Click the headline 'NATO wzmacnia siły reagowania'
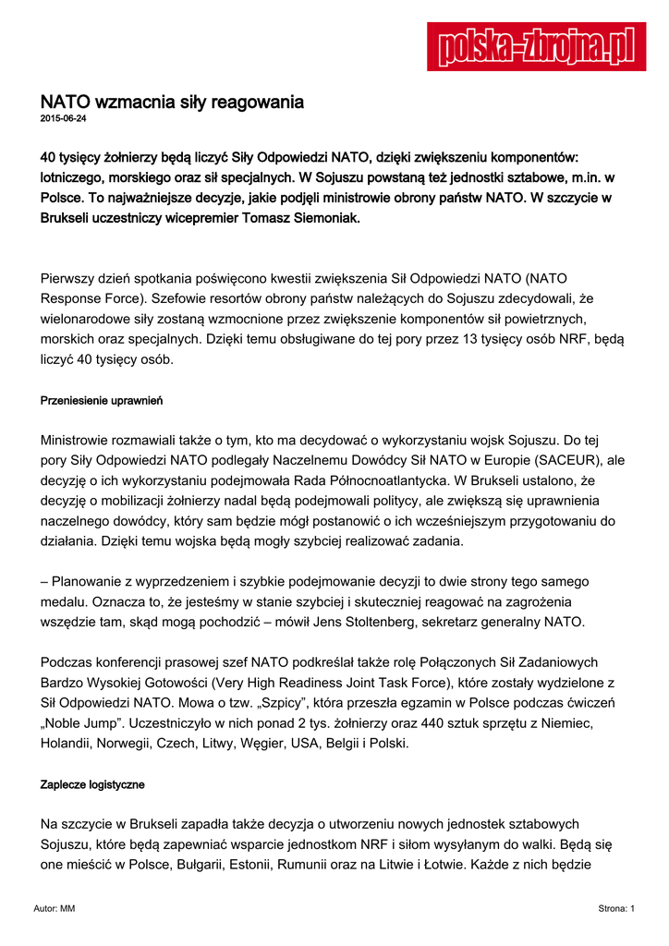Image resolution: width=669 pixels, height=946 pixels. tap(172, 101)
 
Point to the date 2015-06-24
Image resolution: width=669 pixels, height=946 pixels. tap(63, 119)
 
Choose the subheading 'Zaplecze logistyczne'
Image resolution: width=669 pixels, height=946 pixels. tap(92, 784)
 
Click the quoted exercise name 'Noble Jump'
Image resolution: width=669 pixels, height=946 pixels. tap(88, 722)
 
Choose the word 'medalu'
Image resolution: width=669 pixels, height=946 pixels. tap(66, 601)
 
